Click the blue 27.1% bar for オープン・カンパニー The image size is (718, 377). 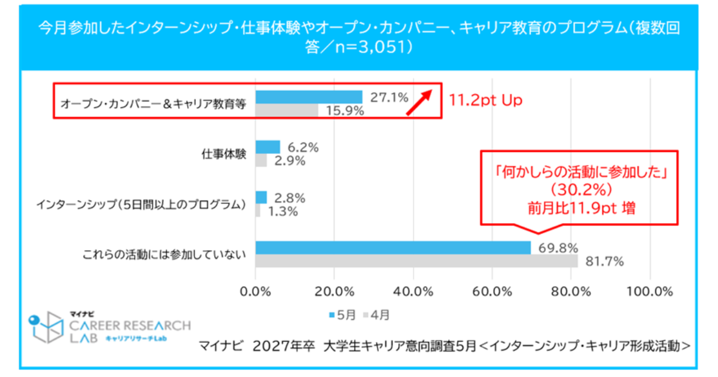pos(309,97)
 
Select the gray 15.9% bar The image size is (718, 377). pos(287,110)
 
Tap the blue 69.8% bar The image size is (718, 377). pos(393,248)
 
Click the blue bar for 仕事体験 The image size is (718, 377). pos(267,147)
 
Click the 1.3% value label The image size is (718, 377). pos(282,211)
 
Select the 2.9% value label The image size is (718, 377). pos(289,161)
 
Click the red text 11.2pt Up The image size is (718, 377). pos(485,100)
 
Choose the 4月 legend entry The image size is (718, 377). pos(376,314)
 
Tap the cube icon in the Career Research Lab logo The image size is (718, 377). pos(47,328)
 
